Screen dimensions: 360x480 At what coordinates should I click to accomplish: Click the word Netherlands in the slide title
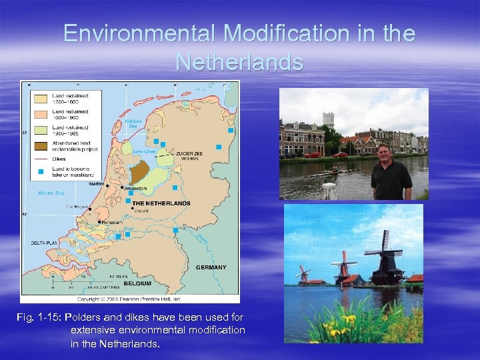pos(239,62)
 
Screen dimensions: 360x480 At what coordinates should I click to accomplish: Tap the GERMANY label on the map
pos(211,267)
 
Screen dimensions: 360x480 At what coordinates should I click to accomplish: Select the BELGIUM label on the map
pos(137,283)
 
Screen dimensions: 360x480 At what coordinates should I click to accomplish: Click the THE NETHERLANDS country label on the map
pos(161,203)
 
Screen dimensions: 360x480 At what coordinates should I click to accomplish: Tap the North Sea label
pos(51,193)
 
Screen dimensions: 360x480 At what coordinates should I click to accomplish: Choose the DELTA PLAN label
pos(45,243)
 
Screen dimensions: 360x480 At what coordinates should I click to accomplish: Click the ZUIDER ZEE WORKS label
pos(189,156)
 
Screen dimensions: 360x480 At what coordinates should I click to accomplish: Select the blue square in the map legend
pos(40,172)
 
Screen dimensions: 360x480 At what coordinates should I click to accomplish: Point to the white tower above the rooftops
pos(328,120)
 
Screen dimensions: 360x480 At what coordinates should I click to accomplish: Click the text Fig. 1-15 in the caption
pos(39,317)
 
